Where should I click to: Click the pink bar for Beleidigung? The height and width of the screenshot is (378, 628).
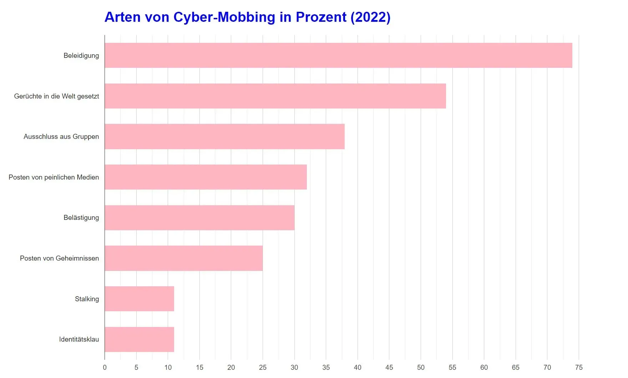click(x=338, y=55)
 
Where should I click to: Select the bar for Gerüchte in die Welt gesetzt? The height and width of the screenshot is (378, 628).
click(x=275, y=96)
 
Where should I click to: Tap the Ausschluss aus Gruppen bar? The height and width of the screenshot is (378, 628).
click(x=224, y=136)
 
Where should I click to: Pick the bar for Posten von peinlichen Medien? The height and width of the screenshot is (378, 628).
click(x=206, y=177)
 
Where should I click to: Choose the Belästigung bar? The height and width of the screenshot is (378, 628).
click(x=199, y=218)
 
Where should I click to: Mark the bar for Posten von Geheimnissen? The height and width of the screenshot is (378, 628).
click(x=183, y=258)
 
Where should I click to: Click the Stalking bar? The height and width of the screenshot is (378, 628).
click(x=139, y=299)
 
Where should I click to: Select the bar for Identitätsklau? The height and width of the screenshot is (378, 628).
click(x=139, y=339)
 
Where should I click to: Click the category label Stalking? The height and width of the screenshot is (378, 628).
click(x=87, y=299)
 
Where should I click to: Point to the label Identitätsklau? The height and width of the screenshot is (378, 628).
click(x=79, y=339)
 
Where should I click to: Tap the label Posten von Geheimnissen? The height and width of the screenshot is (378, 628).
click(x=59, y=258)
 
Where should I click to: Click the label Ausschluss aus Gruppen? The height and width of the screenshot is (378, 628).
click(x=61, y=136)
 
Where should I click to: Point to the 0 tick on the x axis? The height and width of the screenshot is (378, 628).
click(x=105, y=367)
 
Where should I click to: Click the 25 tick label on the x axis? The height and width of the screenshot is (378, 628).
click(x=263, y=367)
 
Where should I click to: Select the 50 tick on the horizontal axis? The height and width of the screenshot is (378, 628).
click(x=421, y=367)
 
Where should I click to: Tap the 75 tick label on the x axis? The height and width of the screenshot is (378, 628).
click(x=579, y=367)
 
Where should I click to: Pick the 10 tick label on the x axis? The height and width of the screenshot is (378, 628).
click(x=168, y=367)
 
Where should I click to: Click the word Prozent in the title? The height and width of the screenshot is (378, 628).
click(x=321, y=17)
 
